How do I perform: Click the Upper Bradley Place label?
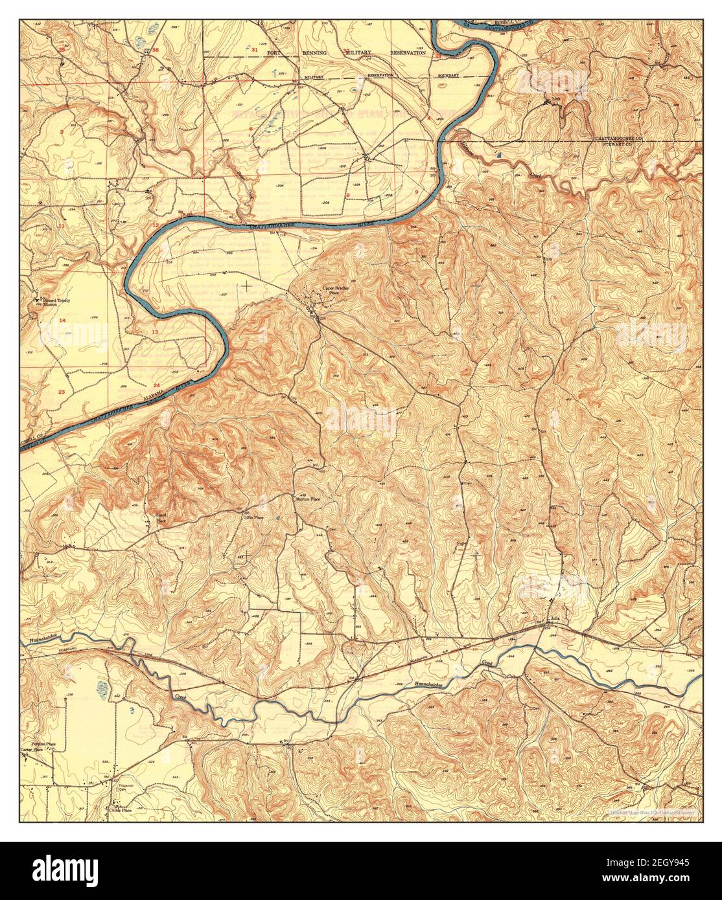332,290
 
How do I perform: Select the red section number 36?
155,50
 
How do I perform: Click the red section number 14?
63,321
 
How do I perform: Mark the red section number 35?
62,49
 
